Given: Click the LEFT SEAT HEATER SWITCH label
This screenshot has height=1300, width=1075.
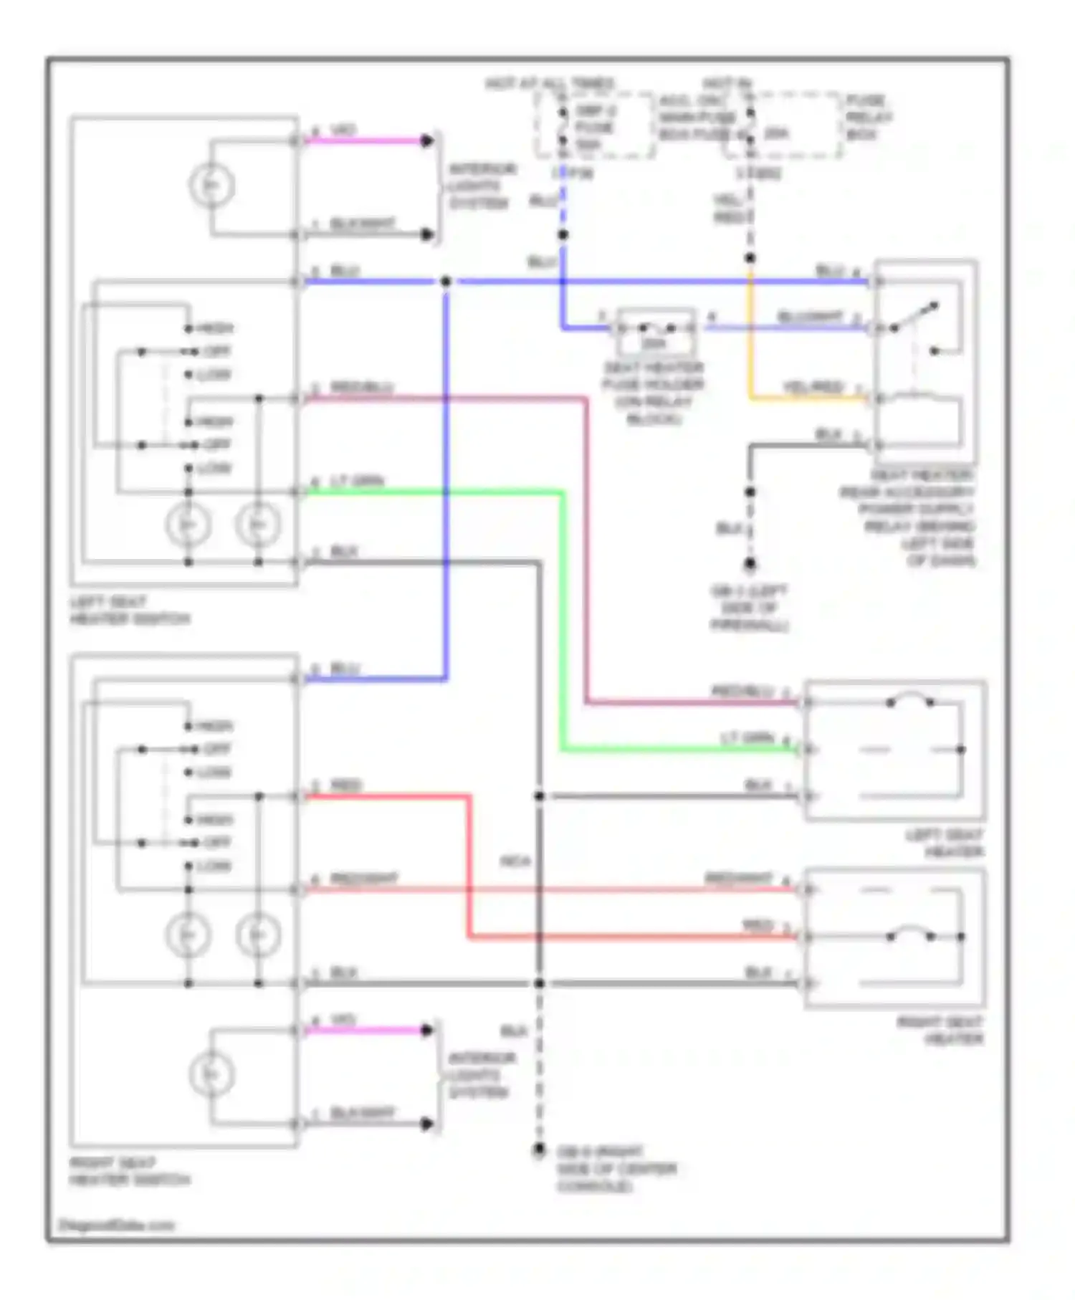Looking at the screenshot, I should pos(129,610).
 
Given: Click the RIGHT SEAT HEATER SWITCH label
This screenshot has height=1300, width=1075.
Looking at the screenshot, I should pos(129,1171).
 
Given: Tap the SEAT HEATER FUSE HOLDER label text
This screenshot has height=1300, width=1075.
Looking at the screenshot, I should pos(654,393).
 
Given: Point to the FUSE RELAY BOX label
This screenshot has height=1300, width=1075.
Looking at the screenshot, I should pos(867,117).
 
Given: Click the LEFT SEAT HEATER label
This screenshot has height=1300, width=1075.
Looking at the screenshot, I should pos(945,843).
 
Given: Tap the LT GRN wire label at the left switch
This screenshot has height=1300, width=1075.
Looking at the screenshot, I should pos(357,481).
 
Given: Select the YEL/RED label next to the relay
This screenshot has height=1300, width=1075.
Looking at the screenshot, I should pos(813,387).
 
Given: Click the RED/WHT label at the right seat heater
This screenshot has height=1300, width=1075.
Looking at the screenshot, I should pos(738,878).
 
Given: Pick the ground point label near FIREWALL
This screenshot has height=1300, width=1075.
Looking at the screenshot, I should pos(749,608).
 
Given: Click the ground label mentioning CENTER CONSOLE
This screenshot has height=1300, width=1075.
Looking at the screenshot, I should pos(616,1169).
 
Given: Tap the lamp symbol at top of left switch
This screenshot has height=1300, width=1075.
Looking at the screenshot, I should pos(211,186).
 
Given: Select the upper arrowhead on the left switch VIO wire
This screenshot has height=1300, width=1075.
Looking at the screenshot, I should pos(427,140).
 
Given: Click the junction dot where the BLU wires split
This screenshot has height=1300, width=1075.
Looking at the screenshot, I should pos(446,282).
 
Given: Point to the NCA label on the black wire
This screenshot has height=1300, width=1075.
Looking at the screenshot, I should pos(515,861).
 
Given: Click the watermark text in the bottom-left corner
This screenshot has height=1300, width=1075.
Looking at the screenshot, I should pos(116,1225).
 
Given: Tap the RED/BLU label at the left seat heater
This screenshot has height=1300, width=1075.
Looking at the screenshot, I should pos(742,691).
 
